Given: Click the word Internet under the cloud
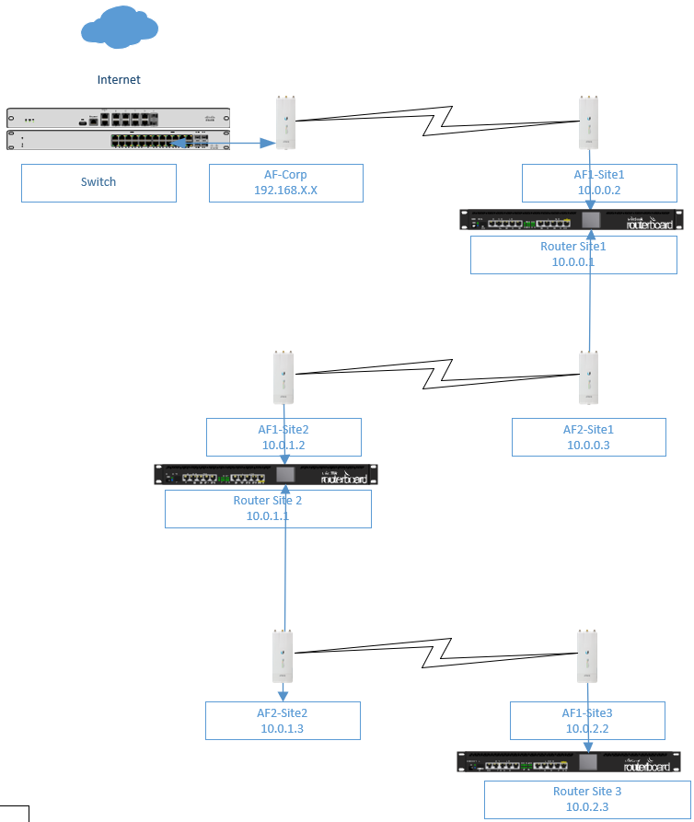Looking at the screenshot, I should point(119,80).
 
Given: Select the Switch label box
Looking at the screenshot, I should point(98,182).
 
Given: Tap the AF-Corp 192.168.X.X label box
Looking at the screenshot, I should point(285,182).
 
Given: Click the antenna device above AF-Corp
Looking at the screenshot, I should point(284,122).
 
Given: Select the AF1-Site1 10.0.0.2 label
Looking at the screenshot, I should point(598,182).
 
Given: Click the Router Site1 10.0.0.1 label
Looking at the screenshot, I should point(574,254).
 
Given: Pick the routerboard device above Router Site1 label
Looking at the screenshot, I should point(572,219).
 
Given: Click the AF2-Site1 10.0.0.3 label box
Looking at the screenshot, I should point(588,436).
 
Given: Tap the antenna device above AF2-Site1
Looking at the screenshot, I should point(588,377).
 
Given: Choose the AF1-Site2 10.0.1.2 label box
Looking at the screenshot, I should point(283,436).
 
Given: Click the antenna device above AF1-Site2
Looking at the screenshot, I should point(283,377).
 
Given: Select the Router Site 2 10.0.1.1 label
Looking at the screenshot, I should point(268,508).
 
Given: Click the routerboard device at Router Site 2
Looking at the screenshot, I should point(266,475).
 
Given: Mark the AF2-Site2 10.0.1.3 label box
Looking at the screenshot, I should point(283,720).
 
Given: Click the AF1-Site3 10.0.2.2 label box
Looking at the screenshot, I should point(587,720).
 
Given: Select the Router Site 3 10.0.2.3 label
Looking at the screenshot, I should point(587,799).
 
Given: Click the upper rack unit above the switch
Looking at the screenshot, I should point(118,119).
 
